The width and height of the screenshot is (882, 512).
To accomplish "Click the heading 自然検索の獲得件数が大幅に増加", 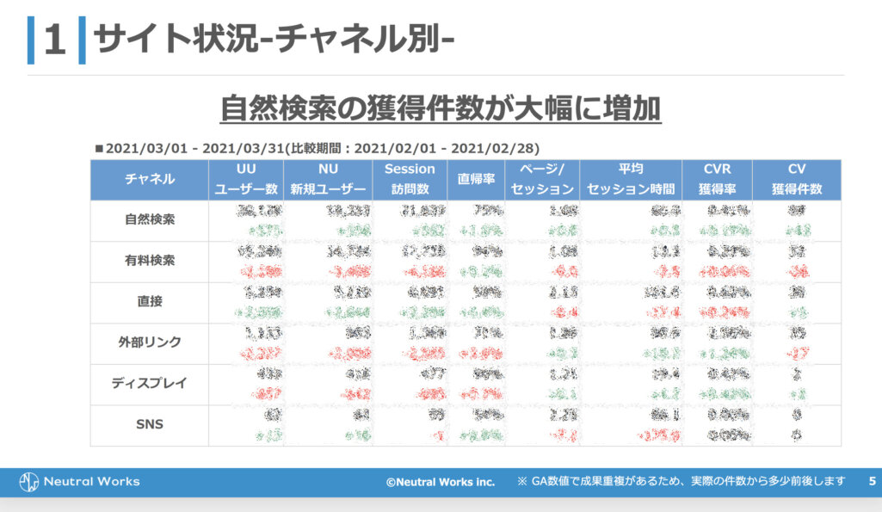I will (440, 109).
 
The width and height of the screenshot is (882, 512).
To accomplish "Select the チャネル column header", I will (150, 179).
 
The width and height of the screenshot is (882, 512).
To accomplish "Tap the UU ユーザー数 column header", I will (246, 179).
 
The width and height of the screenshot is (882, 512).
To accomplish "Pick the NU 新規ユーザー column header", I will (328, 179).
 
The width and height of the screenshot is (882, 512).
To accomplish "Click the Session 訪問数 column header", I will (410, 179).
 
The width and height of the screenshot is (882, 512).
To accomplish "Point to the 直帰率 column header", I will (476, 179).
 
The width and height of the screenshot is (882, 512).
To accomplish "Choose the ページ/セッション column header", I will (542, 179).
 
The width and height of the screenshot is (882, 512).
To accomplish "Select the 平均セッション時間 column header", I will (630, 179).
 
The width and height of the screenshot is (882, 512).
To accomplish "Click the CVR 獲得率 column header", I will (716, 179).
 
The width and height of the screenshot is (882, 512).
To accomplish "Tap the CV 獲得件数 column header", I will (796, 179).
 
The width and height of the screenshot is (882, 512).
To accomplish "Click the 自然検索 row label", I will (150, 219).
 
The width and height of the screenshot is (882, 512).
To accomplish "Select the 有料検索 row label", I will (150, 261).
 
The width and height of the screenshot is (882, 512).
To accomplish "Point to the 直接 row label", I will (150, 301).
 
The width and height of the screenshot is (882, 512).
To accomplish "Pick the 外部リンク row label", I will (150, 342).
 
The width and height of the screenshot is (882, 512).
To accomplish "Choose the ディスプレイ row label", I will (150, 383).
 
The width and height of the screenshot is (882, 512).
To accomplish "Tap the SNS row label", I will (150, 424).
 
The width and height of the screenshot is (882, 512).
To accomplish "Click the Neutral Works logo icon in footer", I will (30, 481).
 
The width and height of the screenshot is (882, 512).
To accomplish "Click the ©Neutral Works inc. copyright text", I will (440, 482).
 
